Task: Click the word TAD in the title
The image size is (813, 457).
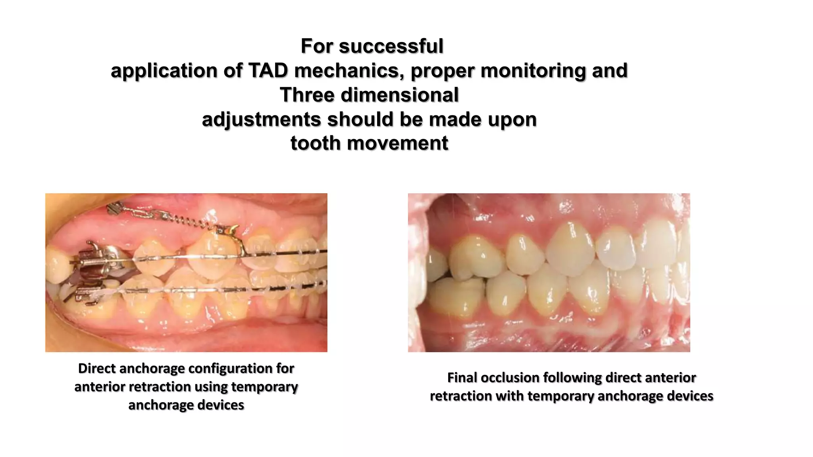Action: (268, 71)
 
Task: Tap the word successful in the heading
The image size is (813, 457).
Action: (391, 46)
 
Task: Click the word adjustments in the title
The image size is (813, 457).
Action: (261, 119)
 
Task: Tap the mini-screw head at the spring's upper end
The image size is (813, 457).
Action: (116, 207)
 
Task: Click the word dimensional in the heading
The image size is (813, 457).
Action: (400, 95)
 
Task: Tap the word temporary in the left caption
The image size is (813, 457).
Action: (264, 387)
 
